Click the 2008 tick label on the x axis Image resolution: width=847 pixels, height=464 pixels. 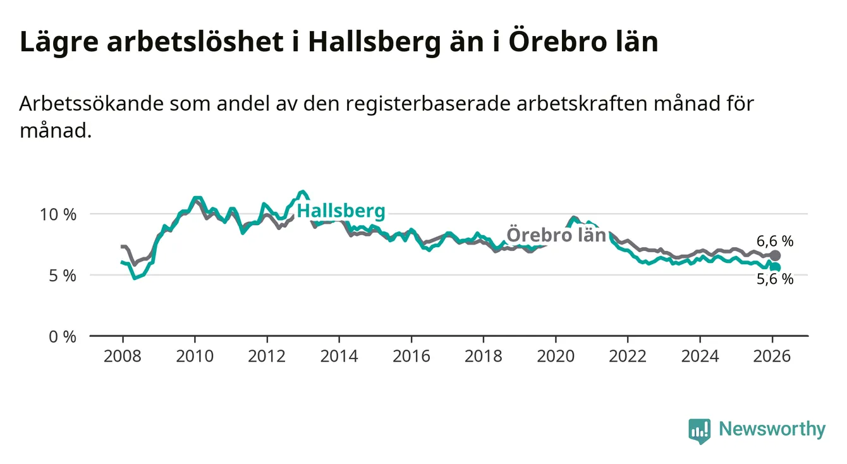[122, 356]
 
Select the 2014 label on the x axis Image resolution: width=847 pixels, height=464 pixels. [339, 356]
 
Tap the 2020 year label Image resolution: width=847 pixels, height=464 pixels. [556, 356]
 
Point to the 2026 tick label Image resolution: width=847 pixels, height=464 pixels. [772, 356]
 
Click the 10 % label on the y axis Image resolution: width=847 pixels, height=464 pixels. [58, 214]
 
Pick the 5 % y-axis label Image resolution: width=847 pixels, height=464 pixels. [63, 276]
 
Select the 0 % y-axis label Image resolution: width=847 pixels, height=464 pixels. [63, 336]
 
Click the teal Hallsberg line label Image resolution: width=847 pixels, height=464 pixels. [341, 211]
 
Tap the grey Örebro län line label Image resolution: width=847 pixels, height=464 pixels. [557, 235]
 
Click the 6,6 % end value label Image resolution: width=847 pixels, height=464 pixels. [774, 241]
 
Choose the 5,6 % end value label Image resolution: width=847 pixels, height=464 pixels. [774, 279]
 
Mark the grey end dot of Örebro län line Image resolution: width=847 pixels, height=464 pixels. [776, 255]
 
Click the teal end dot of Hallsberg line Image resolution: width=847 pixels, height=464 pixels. [776, 267]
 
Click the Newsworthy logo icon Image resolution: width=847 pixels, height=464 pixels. [699, 430]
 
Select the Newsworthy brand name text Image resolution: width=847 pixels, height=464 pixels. [772, 430]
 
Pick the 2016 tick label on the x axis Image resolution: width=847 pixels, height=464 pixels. [411, 356]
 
